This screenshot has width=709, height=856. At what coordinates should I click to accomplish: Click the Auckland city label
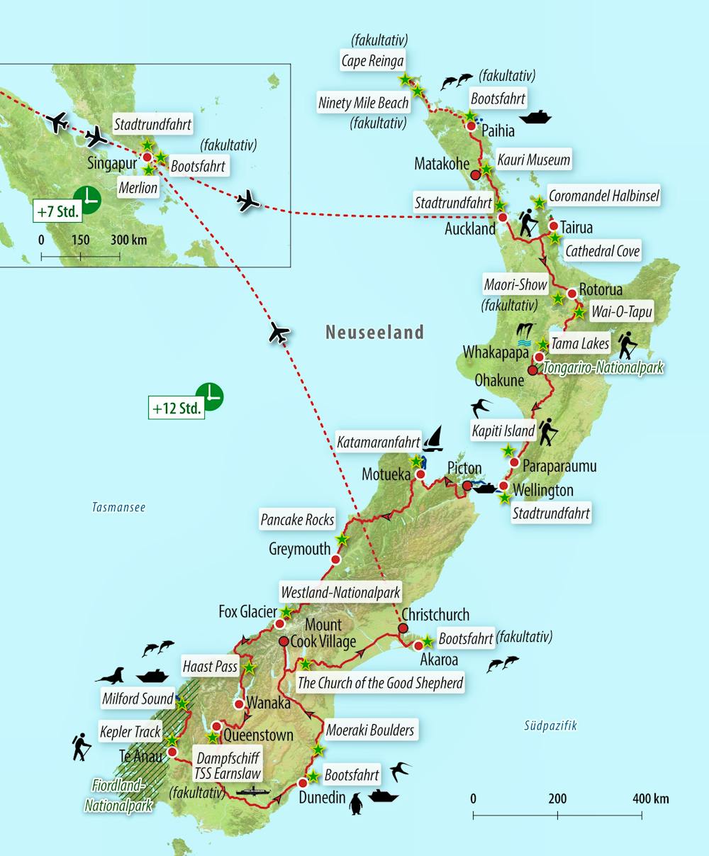tap(470, 229)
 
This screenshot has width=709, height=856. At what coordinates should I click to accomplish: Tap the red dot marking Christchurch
tap(403, 628)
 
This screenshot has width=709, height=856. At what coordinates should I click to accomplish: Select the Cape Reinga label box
tap(373, 62)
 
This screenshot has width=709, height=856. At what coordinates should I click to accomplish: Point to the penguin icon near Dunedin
tap(357, 804)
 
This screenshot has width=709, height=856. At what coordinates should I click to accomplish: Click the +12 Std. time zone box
tap(177, 408)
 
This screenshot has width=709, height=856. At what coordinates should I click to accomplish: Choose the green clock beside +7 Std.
tap(87, 199)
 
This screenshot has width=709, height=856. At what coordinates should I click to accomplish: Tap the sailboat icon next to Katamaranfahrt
tap(432, 439)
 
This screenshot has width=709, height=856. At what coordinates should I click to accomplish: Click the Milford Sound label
tap(138, 699)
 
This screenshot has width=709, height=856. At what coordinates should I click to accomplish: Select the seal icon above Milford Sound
tap(113, 675)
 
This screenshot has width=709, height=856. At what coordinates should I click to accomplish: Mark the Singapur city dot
tap(147, 157)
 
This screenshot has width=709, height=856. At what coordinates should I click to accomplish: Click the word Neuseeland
tap(374, 332)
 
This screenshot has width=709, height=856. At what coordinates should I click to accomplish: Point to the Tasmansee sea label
tap(118, 507)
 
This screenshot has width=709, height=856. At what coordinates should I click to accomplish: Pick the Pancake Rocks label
tap(297, 520)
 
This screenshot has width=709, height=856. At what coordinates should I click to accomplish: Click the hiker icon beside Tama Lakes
tap(627, 346)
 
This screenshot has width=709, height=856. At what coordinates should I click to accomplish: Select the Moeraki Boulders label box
tap(370, 729)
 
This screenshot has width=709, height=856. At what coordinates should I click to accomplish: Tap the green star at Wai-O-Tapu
tap(579, 311)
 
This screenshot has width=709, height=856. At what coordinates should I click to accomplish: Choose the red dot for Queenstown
tap(217, 726)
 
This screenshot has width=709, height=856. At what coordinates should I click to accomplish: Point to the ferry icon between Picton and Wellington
tap(484, 488)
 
